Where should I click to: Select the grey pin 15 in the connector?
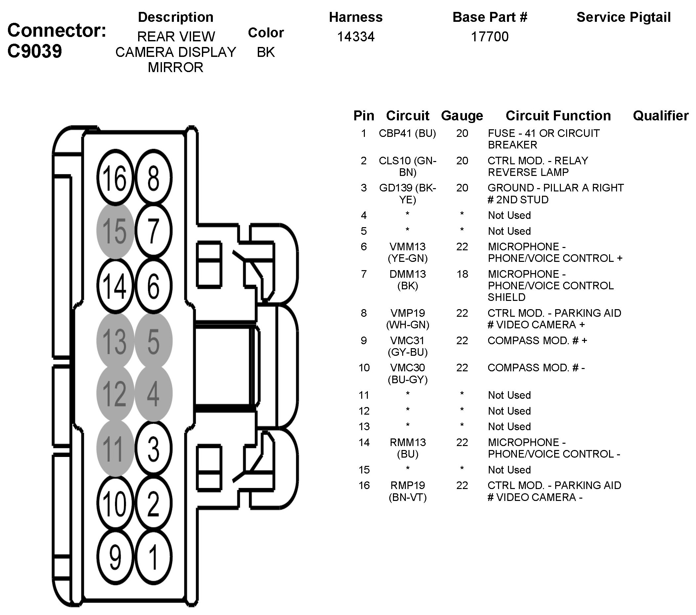(x=115, y=231)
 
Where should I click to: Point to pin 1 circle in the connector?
(x=153, y=557)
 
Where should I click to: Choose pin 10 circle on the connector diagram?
(x=115, y=504)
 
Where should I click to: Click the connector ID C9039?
(x=34, y=51)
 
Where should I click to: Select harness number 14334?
(x=356, y=36)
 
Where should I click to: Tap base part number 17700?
(x=489, y=36)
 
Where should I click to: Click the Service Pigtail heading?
(x=623, y=17)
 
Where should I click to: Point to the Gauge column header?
(x=462, y=116)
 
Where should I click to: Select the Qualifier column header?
(x=660, y=116)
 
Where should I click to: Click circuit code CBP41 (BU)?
(x=407, y=133)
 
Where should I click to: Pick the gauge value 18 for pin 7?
(x=462, y=274)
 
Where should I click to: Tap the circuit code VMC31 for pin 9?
(x=407, y=340)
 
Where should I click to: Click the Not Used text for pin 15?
(x=509, y=470)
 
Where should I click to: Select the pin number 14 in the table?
(x=364, y=442)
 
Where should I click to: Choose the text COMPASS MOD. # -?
(x=536, y=368)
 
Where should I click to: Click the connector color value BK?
(x=266, y=52)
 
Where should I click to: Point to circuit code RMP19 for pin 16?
(x=407, y=485)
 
